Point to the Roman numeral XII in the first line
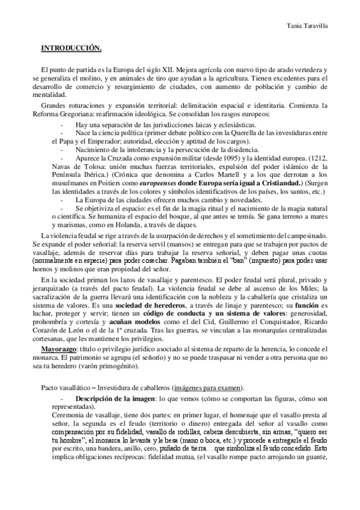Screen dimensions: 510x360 point(165,70)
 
